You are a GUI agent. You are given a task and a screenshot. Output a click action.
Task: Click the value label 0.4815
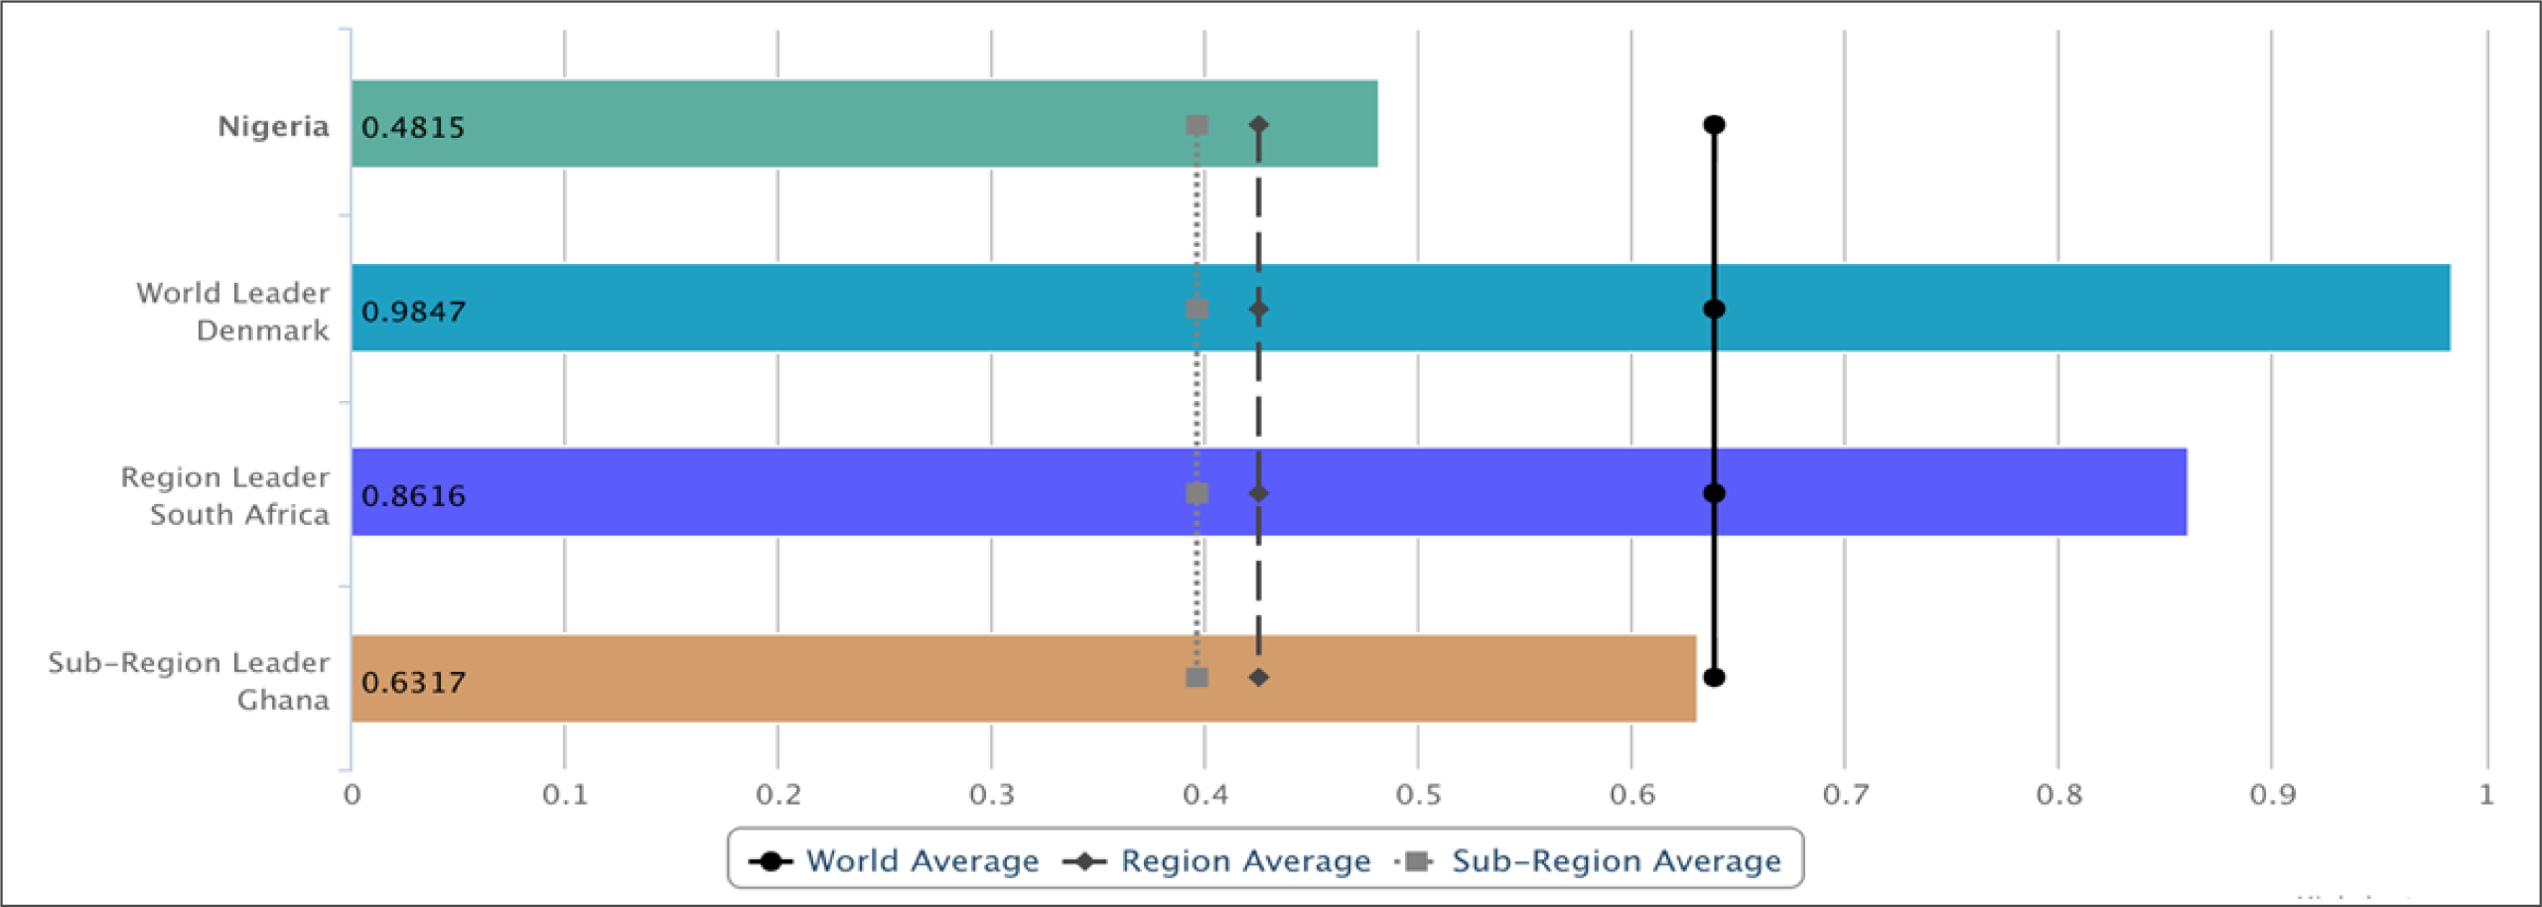click(x=413, y=127)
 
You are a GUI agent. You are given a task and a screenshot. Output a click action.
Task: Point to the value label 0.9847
click(x=413, y=312)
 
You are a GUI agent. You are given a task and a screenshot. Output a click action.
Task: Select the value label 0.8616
click(x=413, y=496)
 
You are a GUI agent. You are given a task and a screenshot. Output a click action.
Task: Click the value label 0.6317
click(x=413, y=683)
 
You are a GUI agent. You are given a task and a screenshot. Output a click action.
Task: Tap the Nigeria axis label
click(x=273, y=126)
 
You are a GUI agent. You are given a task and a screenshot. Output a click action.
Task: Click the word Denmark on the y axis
click(x=262, y=330)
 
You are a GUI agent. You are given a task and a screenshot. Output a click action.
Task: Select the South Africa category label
click(x=239, y=514)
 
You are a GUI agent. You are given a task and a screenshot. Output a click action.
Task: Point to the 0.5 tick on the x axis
click(x=1418, y=795)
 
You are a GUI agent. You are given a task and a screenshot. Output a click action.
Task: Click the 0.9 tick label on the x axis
click(x=2272, y=795)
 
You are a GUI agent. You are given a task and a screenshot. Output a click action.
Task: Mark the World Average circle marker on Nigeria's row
click(x=1714, y=125)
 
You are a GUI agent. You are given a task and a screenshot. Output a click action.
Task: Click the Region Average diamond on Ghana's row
click(x=1258, y=678)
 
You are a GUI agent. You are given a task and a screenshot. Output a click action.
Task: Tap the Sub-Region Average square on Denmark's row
click(x=1197, y=310)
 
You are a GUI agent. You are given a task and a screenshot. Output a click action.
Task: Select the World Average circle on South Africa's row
click(x=1714, y=493)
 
